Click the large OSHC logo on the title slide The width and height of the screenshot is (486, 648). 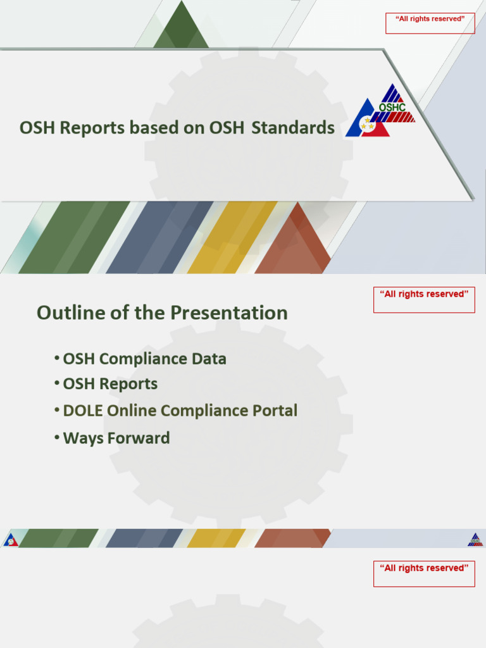coord(380,111)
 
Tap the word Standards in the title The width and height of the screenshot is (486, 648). coord(293,127)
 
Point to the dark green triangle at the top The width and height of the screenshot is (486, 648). coord(181,24)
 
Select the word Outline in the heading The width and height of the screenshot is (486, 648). coord(71,313)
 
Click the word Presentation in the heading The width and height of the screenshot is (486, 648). coord(229,313)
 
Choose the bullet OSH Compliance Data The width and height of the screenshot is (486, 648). coord(144,359)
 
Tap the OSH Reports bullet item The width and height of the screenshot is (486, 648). coord(110,383)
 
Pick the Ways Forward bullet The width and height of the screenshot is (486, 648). coord(116,438)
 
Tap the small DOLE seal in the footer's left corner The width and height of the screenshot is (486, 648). coord(10,539)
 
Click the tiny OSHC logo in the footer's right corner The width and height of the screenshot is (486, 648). coord(475,539)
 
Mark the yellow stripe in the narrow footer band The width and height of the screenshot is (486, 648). coord(216,538)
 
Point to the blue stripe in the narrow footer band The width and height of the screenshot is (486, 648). coord(144,538)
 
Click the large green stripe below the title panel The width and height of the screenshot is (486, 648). coord(75,237)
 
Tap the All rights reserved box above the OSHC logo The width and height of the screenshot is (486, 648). coord(430,23)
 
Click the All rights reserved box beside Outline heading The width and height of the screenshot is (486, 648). coord(424,299)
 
